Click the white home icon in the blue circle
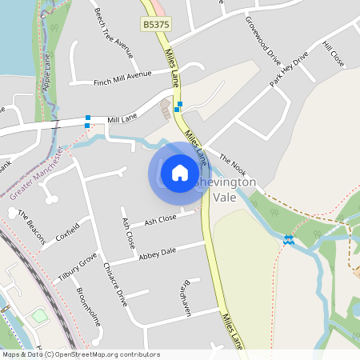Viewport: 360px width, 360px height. coord(180,173)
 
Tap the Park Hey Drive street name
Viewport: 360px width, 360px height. coord(288,70)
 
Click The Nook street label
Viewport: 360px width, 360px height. coord(232,165)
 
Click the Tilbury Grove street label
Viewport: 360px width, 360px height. coord(77,266)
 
